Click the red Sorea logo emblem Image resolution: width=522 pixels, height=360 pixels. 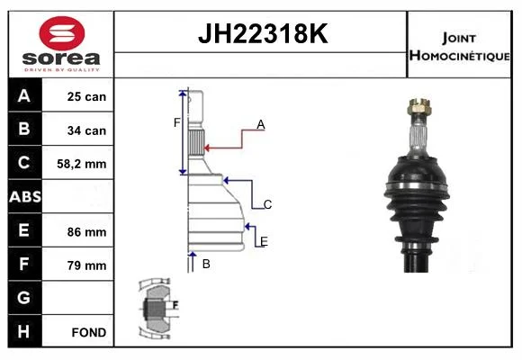(x=62, y=33)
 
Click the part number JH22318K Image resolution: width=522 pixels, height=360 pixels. (x=263, y=33)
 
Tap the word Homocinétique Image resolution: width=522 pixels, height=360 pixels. (x=459, y=56)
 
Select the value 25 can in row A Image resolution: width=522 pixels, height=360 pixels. (x=86, y=96)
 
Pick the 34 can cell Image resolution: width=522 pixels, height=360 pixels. (x=86, y=130)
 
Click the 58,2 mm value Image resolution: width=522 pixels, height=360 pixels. (x=82, y=164)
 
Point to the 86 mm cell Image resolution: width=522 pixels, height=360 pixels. (x=86, y=232)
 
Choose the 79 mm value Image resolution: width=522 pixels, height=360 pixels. (x=86, y=265)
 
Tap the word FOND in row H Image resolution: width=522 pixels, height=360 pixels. (x=89, y=332)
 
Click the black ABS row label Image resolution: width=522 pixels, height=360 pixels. (x=25, y=196)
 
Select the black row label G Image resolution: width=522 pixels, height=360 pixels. (x=25, y=298)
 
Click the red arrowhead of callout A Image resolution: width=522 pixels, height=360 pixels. (x=206, y=148)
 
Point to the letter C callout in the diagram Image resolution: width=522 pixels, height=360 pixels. (x=267, y=204)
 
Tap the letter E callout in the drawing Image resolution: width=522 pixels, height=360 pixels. (x=264, y=241)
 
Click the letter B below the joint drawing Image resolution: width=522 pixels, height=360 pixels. (x=206, y=264)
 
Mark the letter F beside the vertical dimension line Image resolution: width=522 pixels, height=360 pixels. (x=176, y=123)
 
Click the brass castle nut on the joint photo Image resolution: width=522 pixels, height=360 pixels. (x=418, y=106)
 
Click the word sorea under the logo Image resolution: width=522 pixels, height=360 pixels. (x=61, y=58)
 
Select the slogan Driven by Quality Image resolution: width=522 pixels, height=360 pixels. (x=62, y=70)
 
